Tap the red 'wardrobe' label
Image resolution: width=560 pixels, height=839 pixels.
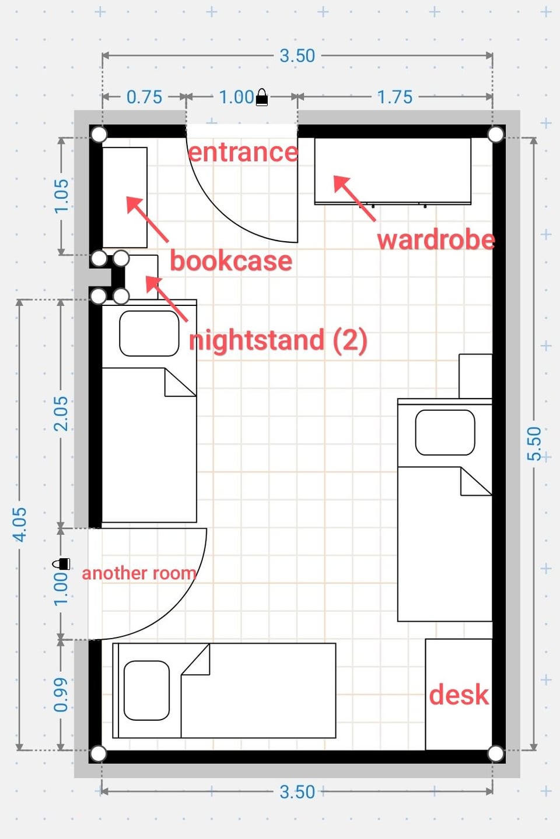436,240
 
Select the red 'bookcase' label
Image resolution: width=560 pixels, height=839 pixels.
231,260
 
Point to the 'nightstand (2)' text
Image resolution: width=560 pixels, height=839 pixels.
278,340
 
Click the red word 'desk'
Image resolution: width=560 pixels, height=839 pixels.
459,695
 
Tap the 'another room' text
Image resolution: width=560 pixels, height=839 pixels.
139,573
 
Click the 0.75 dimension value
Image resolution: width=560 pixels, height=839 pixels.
145,97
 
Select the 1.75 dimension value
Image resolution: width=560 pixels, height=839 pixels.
394,97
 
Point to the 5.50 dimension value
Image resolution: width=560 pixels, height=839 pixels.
534,443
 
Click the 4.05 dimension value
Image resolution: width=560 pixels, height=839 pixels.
20,525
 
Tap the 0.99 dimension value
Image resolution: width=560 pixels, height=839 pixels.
61,695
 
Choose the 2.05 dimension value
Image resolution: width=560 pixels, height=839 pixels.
61,414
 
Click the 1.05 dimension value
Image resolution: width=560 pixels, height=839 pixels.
61,196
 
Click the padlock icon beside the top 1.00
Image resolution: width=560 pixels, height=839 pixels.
262,97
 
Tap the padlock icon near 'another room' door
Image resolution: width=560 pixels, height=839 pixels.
61,564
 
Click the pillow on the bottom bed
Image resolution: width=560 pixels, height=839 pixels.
146,690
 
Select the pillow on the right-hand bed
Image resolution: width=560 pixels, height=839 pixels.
445,432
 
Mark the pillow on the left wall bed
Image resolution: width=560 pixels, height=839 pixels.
149,333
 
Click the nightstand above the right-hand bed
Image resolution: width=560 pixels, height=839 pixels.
475,376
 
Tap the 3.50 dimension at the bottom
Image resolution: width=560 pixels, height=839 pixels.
297,792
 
